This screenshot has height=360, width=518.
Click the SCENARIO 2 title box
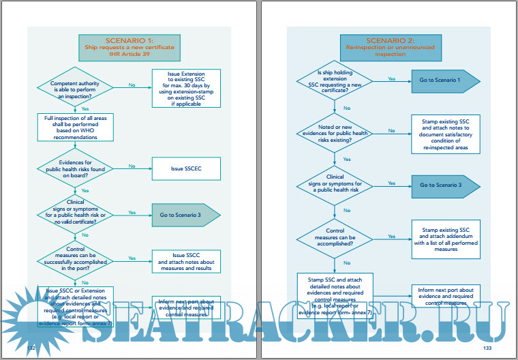click(381, 47)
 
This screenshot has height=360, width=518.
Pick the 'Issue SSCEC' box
click(185, 167)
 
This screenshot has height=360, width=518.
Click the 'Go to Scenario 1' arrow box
click(444, 80)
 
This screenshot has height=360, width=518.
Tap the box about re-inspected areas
click(445, 133)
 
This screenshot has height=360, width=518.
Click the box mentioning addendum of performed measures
click(445, 239)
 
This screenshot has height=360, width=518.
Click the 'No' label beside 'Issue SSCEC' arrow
click(132, 166)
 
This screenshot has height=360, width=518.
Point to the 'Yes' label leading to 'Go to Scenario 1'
click(391, 79)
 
